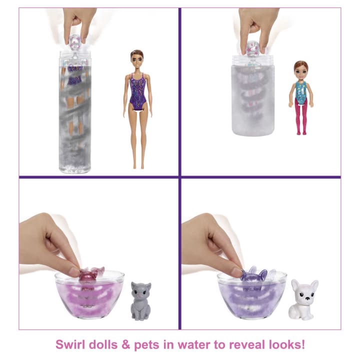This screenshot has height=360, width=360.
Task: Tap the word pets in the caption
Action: click(x=146, y=345)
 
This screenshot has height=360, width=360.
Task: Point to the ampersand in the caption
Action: click(x=126, y=344)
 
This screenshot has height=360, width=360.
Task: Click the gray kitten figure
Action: click(x=140, y=301)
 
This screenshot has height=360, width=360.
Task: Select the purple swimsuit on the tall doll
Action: click(x=138, y=92)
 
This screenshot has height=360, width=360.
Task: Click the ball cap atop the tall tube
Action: click(x=75, y=42)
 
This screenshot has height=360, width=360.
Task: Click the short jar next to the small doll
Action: click(x=253, y=94)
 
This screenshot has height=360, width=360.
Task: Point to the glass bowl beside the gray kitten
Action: click(x=89, y=295)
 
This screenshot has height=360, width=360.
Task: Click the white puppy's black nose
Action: click(x=306, y=298)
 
